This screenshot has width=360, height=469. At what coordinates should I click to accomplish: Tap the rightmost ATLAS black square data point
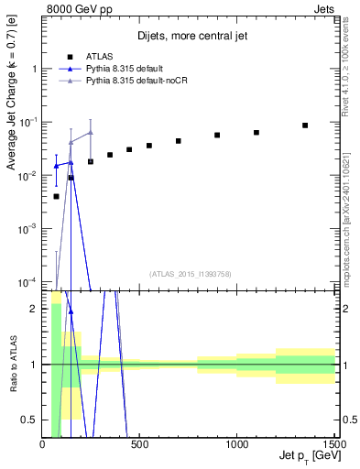[305, 125]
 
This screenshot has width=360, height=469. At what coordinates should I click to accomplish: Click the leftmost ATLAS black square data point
[56, 196]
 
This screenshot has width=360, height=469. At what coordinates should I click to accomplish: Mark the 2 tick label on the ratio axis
[34, 309]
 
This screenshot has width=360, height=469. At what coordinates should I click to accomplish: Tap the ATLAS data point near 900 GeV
[217, 135]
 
